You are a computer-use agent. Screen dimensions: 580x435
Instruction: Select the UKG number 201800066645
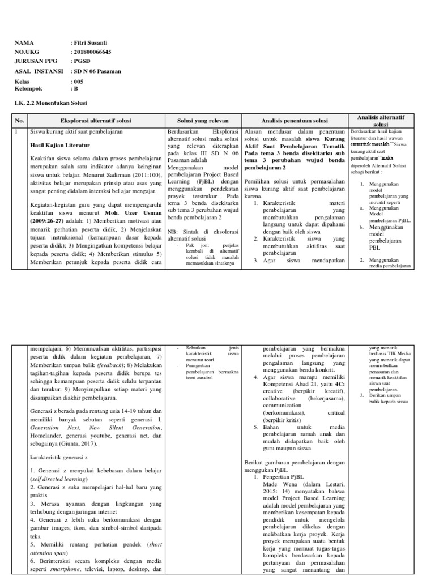tap(92, 52)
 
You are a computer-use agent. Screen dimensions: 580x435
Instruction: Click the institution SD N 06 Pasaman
tap(97, 71)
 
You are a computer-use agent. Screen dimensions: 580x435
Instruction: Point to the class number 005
tap(79, 82)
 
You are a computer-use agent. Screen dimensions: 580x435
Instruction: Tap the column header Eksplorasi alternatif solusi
tap(96, 120)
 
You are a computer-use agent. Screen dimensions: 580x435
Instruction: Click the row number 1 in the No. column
tap(18, 131)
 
